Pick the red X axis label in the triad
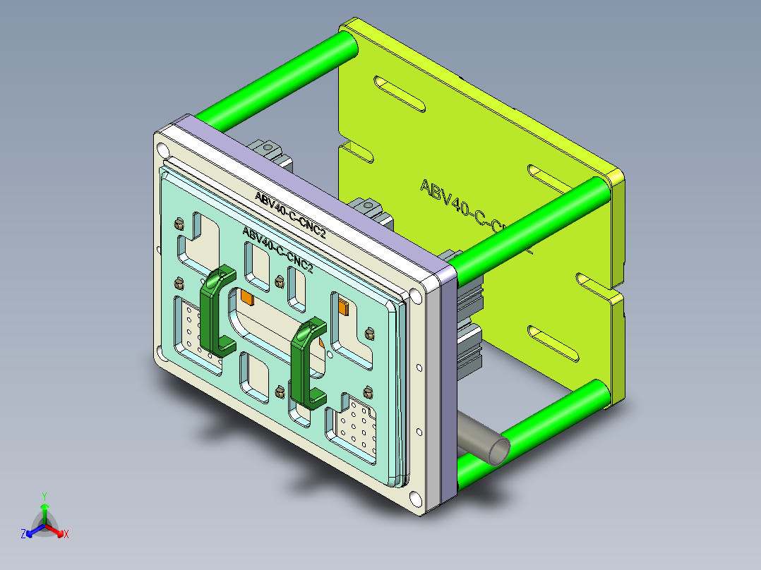[x=66, y=534]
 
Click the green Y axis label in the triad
[x=44, y=496]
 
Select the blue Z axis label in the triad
[x=23, y=534]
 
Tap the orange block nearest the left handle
[x=247, y=298]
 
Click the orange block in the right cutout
[x=344, y=306]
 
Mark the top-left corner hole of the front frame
[x=163, y=150]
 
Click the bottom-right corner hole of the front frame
[x=416, y=500]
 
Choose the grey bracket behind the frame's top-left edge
[x=267, y=150]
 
